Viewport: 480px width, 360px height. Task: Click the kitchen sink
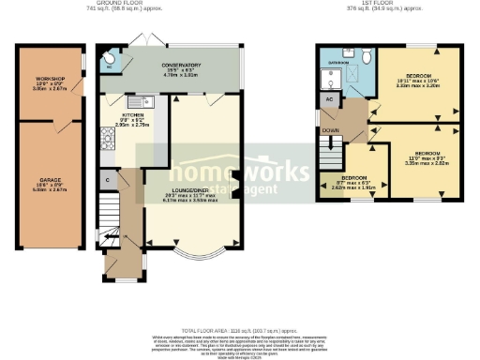tap(140, 100)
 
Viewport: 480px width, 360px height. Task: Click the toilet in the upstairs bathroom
tap(366, 56)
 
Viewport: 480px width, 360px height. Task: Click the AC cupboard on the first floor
tap(329, 98)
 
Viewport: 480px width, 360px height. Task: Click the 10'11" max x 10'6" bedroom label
tap(418, 78)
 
